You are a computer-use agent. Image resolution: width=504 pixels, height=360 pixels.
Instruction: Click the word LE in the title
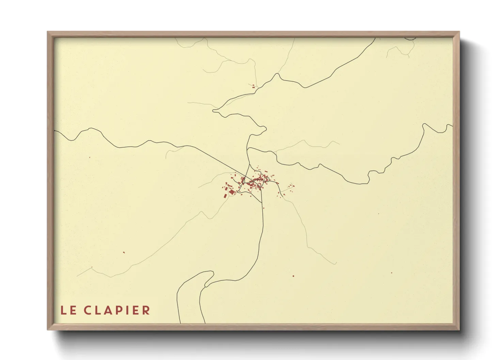pyautogui.click(x=68, y=310)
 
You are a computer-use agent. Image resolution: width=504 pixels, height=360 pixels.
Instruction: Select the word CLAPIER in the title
pyautogui.click(x=117, y=310)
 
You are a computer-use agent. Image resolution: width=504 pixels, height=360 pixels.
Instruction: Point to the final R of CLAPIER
pyautogui.click(x=146, y=310)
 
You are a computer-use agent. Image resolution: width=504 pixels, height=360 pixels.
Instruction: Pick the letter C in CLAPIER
pyautogui.click(x=88, y=310)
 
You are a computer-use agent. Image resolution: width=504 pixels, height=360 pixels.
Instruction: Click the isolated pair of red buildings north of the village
pyautogui.click(x=253, y=87)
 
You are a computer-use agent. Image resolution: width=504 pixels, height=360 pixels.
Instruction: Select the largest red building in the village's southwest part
pyautogui.click(x=232, y=192)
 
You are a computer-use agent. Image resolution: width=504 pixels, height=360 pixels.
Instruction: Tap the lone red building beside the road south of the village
pyautogui.click(x=263, y=208)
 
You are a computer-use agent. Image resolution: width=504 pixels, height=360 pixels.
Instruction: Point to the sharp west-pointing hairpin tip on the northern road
pyautogui.click(x=214, y=110)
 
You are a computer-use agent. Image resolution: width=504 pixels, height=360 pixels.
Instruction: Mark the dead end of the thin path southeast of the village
pyautogui.click(x=336, y=264)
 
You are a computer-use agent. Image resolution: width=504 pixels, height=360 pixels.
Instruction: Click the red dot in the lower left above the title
pyautogui.click(x=124, y=252)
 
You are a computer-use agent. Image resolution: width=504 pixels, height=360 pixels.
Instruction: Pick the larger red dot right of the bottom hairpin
pyautogui.click(x=293, y=276)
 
